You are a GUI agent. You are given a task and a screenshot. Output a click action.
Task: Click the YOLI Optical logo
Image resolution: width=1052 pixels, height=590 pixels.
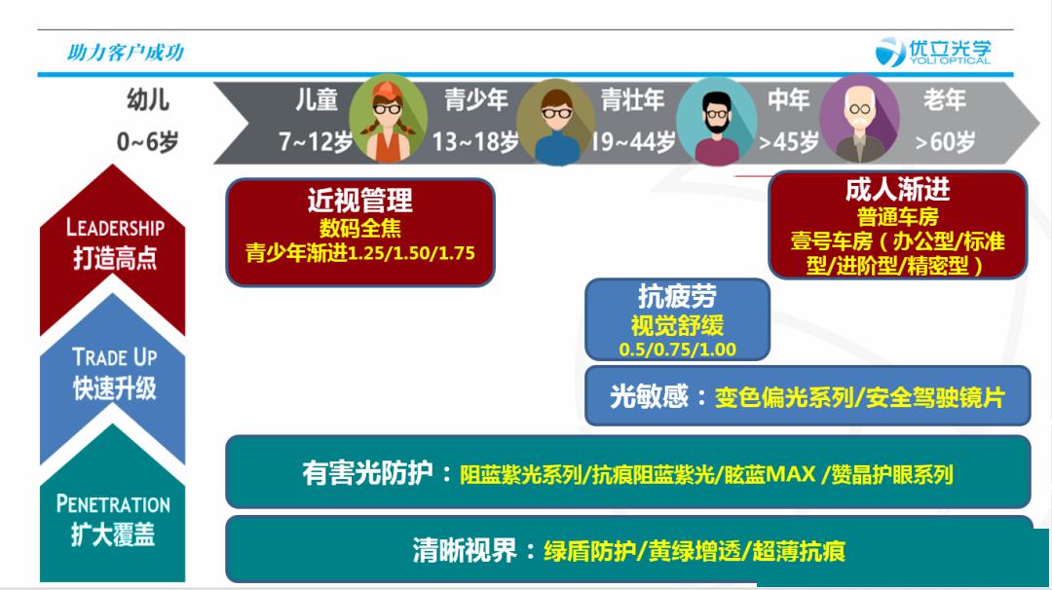pos(933,52)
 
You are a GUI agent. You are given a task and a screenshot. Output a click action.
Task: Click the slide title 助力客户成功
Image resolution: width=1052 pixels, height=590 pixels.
pos(125,53)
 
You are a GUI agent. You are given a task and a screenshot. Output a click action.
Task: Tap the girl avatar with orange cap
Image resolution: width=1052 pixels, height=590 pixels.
pos(388,121)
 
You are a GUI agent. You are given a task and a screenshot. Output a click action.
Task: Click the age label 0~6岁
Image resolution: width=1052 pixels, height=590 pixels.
pos(148,141)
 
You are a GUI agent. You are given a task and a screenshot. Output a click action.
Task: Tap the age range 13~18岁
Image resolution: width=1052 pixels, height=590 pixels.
pos(475,141)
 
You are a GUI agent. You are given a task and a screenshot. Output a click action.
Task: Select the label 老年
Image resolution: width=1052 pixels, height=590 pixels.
pos(945,100)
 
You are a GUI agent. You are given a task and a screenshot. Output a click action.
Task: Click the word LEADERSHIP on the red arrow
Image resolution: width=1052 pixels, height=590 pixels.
pos(115,228)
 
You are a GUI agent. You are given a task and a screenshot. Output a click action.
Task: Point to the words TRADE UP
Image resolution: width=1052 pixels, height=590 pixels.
pos(115,356)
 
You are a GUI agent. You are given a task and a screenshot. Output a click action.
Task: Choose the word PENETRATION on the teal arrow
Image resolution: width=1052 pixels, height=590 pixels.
pos(113,503)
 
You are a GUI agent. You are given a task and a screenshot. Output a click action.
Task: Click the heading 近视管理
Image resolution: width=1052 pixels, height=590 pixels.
pos(360,200)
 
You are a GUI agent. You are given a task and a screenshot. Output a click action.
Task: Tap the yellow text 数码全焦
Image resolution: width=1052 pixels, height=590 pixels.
pos(360,228)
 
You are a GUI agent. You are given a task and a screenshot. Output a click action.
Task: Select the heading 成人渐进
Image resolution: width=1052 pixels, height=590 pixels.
pos(898,190)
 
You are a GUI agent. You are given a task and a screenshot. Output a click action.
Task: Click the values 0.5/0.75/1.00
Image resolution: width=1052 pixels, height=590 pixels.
pos(678,350)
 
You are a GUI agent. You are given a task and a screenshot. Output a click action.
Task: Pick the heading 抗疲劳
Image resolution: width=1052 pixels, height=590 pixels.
pos(677,296)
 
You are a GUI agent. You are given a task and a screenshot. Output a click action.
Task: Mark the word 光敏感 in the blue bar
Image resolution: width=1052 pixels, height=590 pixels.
pos(649,397)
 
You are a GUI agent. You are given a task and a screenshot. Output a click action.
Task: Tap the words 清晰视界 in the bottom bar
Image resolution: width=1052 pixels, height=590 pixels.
pos(465,551)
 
